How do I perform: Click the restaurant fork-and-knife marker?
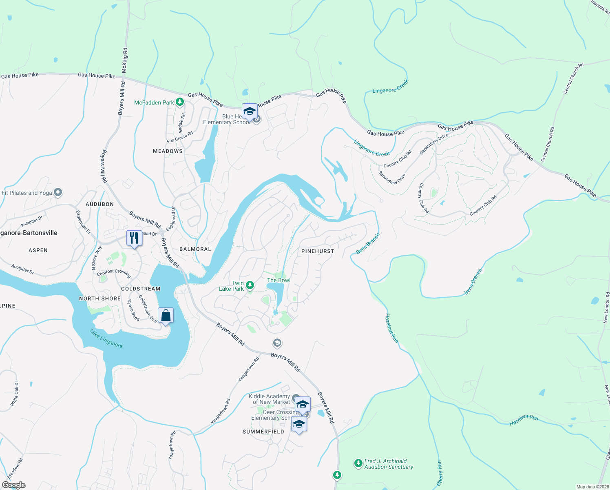tap(134, 238)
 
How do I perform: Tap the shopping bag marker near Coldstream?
tap(166, 316)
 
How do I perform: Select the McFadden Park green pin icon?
tap(180, 102)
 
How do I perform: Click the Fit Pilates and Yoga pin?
tap(58, 192)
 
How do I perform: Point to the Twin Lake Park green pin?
tap(250, 285)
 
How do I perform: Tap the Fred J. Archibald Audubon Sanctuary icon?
tap(358, 463)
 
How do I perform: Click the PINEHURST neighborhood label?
tap(318, 251)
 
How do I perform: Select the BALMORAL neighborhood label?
tap(195, 249)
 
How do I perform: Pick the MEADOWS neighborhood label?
tap(168, 151)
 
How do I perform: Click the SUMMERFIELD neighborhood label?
tap(263, 432)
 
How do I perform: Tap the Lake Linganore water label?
tap(106, 339)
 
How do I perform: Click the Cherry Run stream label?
tap(440, 473)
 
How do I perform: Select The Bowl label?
tap(279, 280)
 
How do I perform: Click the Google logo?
tap(13, 485)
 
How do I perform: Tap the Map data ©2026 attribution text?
tap(592, 487)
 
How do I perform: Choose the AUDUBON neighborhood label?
tap(99, 204)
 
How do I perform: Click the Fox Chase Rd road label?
tap(180, 137)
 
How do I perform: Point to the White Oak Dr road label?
tap(15, 394)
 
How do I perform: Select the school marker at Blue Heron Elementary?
tap(250, 111)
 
